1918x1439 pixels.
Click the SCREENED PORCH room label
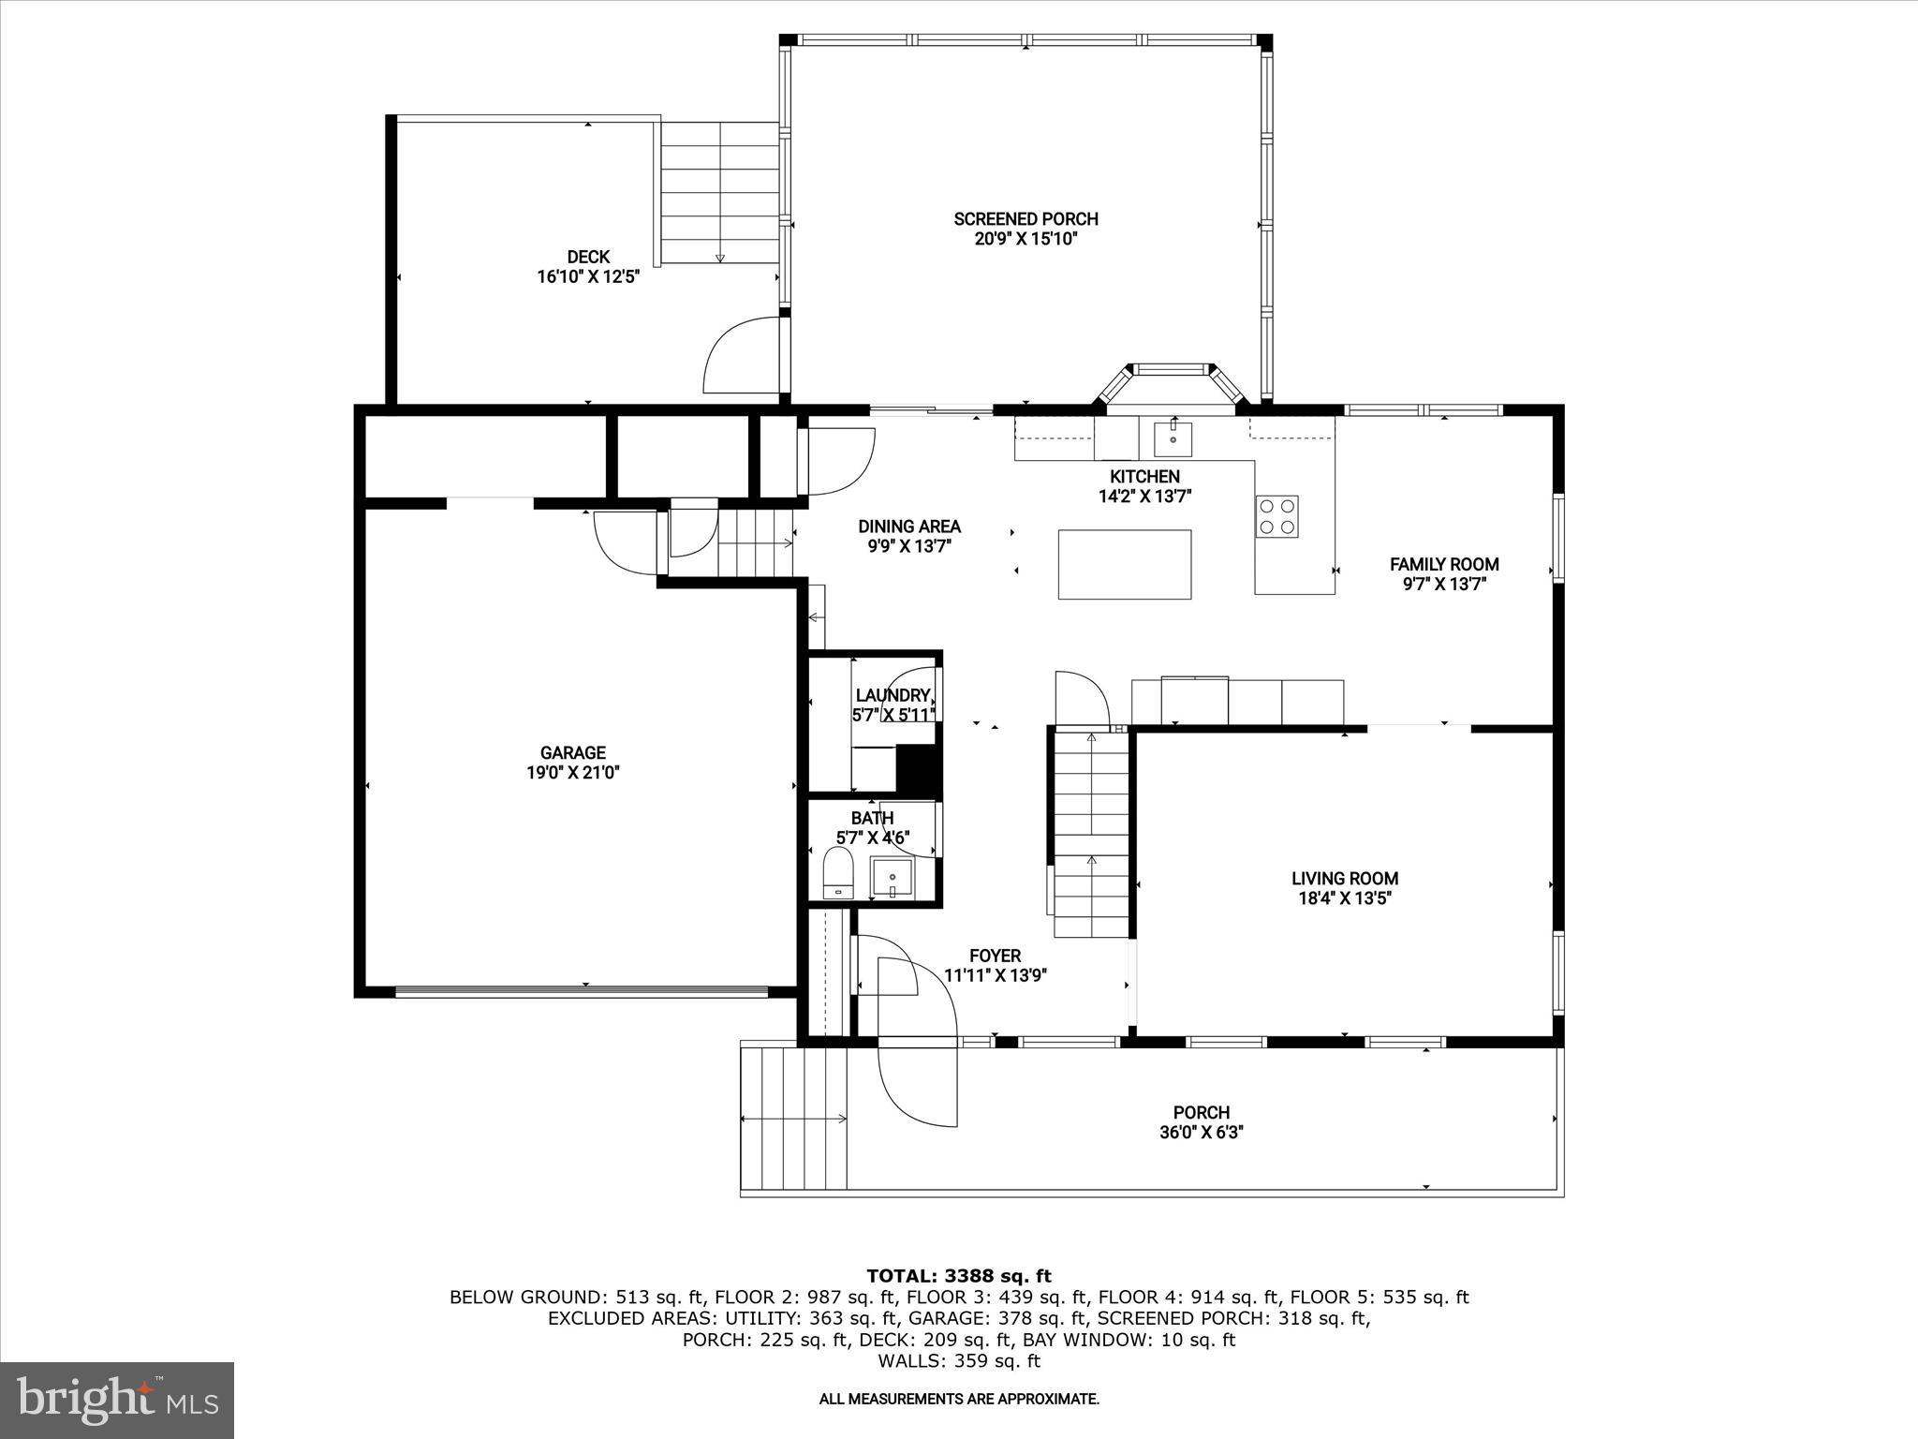coord(1025,219)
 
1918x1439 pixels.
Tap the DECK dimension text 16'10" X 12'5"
coord(587,277)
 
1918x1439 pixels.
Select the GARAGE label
coord(572,752)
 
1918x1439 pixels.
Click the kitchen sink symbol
coord(1173,437)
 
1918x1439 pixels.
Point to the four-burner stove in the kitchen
coord(1277,516)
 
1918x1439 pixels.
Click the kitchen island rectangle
coord(1125,564)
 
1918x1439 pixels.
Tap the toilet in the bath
coord(838,872)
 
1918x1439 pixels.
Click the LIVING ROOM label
coord(1344,879)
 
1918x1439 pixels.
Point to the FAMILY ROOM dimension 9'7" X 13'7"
coord(1444,585)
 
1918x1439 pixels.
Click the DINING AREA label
coord(909,527)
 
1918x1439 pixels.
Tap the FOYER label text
coord(995,956)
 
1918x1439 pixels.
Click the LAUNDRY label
coord(893,695)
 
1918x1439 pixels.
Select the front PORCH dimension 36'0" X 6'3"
coord(1201,1133)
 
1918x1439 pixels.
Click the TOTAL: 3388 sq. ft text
coord(958,1276)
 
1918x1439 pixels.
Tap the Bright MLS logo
coord(117,1400)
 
